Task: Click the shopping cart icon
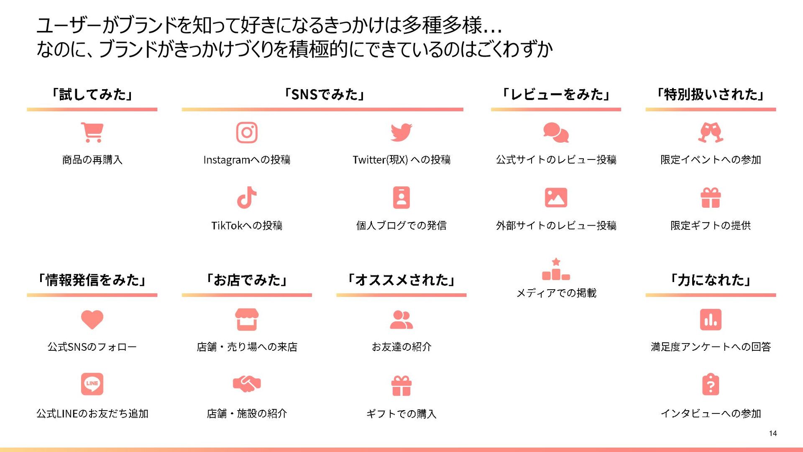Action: (92, 132)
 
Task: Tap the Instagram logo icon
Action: (247, 132)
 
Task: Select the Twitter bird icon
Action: (401, 132)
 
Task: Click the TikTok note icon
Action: (247, 198)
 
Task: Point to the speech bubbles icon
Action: (556, 132)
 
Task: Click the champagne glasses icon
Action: (711, 132)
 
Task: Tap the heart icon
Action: (92, 319)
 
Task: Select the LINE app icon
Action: (92, 384)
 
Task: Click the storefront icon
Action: (247, 319)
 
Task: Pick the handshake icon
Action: (247, 384)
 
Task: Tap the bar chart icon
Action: (711, 319)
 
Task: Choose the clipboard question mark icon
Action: (711, 384)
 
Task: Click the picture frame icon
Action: (556, 198)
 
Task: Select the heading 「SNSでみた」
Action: (324, 95)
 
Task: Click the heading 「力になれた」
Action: (711, 280)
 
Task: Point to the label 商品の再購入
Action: (92, 160)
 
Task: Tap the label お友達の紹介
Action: (401, 347)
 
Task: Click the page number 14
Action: (772, 434)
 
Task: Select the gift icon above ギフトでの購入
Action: (401, 385)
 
